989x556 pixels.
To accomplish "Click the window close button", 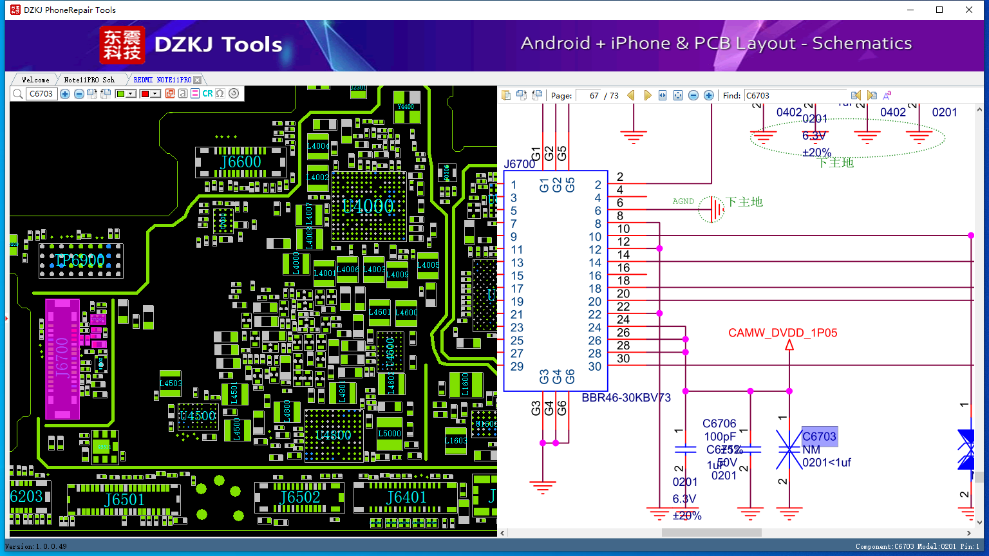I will pos(969,10).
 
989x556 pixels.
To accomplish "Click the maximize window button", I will pos(939,10).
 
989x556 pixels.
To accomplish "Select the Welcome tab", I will pos(35,80).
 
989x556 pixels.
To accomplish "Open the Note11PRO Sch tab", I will pos(89,80).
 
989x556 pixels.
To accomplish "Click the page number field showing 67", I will pos(589,95).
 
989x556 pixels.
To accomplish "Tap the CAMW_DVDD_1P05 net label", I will pos(782,333).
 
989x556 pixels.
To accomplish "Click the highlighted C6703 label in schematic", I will pos(819,436).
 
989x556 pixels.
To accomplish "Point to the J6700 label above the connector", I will pos(519,164).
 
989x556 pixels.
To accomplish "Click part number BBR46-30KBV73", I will pos(626,398).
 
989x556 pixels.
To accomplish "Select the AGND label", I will pos(683,201).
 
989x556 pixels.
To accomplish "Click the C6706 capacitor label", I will pos(719,423).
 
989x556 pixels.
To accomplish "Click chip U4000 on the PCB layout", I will pos(368,206).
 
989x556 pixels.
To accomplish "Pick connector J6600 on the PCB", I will pos(241,162).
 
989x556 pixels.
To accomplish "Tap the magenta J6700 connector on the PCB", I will pos(62,358).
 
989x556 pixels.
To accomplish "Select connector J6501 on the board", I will pos(124,499).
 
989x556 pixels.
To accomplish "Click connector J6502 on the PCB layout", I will pos(299,497).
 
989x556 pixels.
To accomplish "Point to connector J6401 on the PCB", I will pos(406,497).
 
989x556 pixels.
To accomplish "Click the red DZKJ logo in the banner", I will pos(122,45).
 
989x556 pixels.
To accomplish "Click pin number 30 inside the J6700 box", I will pos(594,367).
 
